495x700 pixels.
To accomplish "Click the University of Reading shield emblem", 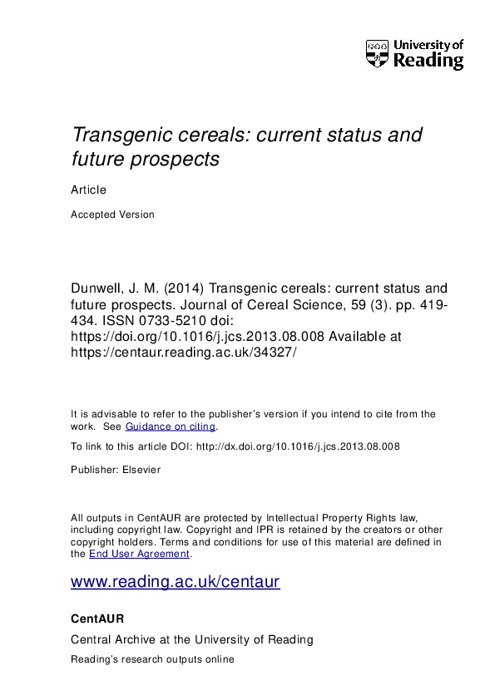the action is tap(377, 54).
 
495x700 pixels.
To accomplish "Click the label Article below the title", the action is tap(89, 190).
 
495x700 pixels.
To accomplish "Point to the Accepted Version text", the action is tap(112, 214).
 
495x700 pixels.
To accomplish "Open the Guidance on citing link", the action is tap(171, 426).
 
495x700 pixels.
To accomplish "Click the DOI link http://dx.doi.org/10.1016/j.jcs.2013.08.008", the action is tap(297, 446).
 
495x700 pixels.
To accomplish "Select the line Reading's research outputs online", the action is tap(152, 659).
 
